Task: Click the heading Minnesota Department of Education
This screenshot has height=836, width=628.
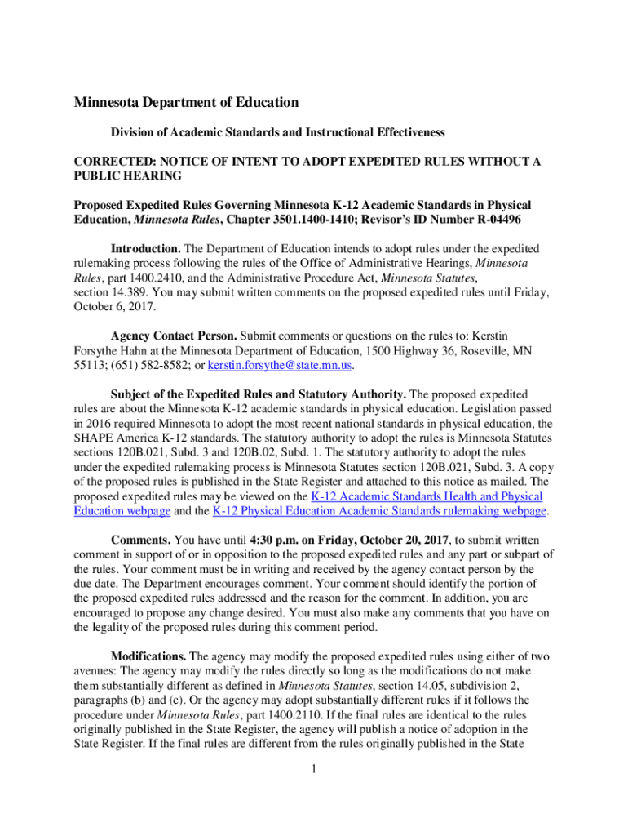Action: click(187, 103)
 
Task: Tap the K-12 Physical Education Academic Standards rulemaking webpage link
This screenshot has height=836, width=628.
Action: click(379, 511)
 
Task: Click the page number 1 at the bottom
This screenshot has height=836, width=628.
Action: click(314, 769)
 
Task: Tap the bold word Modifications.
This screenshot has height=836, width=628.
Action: click(149, 656)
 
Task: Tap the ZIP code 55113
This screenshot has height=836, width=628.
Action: click(89, 365)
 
